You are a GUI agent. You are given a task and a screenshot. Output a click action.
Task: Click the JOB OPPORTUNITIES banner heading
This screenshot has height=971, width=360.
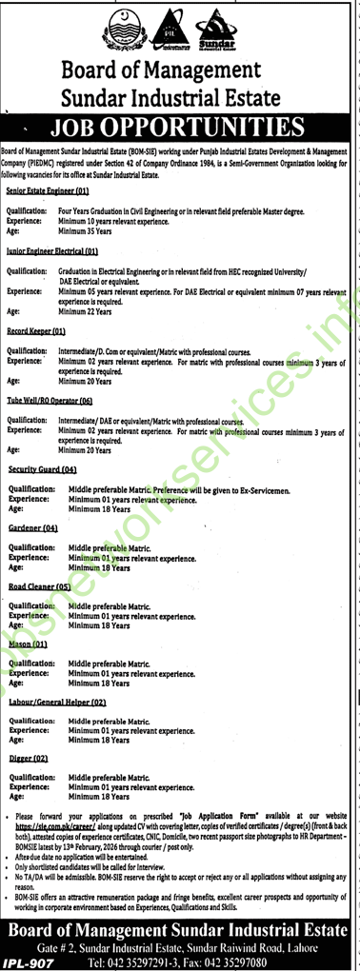pyautogui.click(x=190, y=126)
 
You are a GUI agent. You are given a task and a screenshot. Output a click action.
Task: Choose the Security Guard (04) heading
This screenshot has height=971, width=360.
pyautogui.click(x=42, y=470)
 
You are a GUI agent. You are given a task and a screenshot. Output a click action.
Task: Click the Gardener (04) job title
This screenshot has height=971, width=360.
pyautogui.click(x=33, y=526)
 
